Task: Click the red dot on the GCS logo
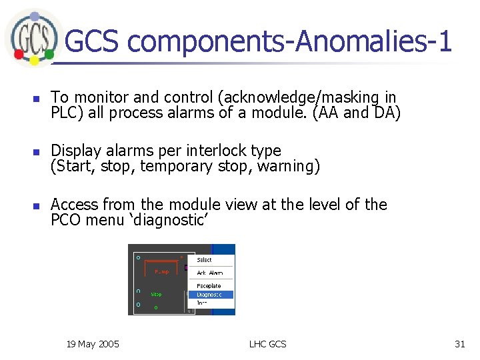[20, 52]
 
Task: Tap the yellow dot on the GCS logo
[35, 61]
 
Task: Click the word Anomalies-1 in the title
[373, 41]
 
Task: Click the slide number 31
[459, 344]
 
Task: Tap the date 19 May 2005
[93, 344]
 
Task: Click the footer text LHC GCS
[267, 344]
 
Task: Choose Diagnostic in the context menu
[210, 294]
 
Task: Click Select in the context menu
[204, 259]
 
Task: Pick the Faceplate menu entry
[209, 285]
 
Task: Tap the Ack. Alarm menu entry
[209, 273]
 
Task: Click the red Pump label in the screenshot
[161, 272]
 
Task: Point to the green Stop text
[156, 293]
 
